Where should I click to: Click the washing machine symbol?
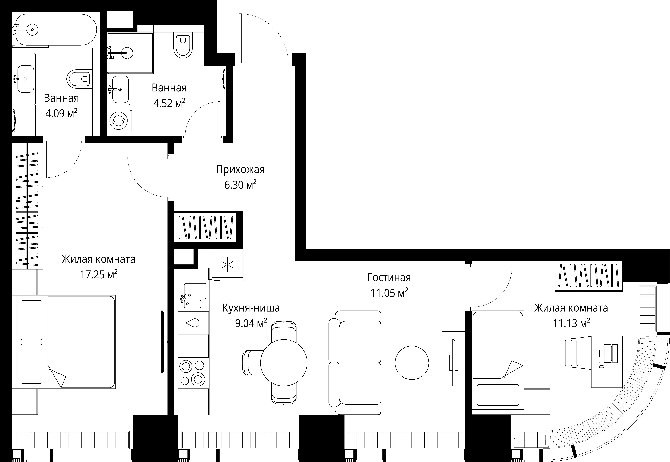[119, 120]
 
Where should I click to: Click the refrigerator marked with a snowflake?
[227, 265]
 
